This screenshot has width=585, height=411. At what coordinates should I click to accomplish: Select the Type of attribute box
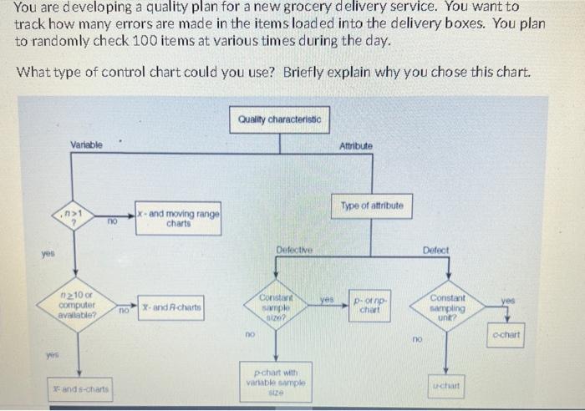[372, 205]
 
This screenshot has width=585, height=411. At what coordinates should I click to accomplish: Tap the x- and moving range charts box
[178, 219]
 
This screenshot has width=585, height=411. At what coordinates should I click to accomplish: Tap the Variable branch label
[86, 145]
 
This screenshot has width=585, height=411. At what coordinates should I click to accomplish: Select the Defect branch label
[435, 250]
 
